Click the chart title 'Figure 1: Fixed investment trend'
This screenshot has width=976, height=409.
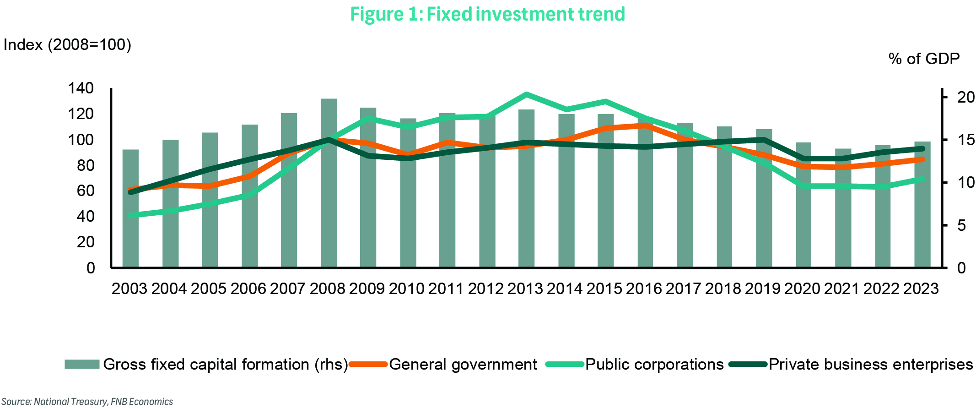click(487, 14)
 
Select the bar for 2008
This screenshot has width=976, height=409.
click(329, 183)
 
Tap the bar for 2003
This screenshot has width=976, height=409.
click(130, 208)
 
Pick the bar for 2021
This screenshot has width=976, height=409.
click(843, 208)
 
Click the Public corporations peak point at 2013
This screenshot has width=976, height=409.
click(527, 94)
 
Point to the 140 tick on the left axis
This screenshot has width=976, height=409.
click(81, 88)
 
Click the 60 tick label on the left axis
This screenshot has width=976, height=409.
click(86, 191)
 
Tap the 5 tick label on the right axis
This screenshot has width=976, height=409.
click(961, 225)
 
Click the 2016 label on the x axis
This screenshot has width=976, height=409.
click(644, 289)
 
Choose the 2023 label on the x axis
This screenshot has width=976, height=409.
click(921, 289)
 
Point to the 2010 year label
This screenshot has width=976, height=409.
click(407, 289)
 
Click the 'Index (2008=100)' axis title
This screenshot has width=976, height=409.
click(67, 45)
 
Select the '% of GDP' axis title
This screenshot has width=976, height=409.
click(924, 59)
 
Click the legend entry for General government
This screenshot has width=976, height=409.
click(463, 364)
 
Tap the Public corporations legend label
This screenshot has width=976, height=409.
click(654, 364)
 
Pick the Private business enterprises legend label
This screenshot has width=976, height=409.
click(870, 364)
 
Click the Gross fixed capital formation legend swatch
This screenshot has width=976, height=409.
click(82, 364)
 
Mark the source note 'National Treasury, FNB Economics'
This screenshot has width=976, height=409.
click(87, 402)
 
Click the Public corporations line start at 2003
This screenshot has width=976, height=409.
click(131, 215)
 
